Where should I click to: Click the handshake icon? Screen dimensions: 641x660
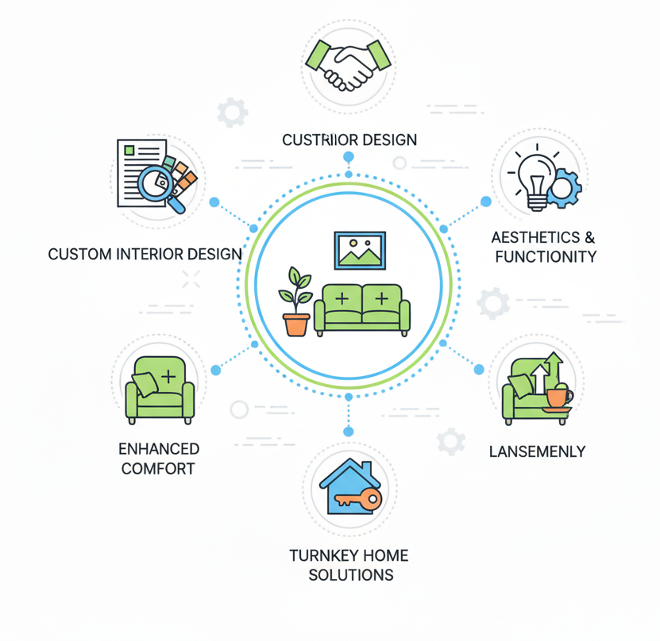(349, 64)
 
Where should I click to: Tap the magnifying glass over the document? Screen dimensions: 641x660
(158, 185)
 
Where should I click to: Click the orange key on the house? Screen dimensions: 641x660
(357, 499)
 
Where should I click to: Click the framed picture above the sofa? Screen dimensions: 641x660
(360, 249)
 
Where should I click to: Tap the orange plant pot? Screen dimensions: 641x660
(296, 324)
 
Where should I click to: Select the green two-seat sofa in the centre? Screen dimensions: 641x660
(362, 307)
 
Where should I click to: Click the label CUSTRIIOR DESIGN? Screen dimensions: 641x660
(349, 140)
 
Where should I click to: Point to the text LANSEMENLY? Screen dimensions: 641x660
(537, 452)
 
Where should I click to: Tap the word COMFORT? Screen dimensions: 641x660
(157, 469)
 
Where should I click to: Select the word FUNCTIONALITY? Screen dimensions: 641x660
(545, 256)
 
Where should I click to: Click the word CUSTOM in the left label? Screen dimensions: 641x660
(80, 255)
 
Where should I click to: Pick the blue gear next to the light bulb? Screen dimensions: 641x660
(564, 188)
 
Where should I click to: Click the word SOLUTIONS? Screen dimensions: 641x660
(350, 574)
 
